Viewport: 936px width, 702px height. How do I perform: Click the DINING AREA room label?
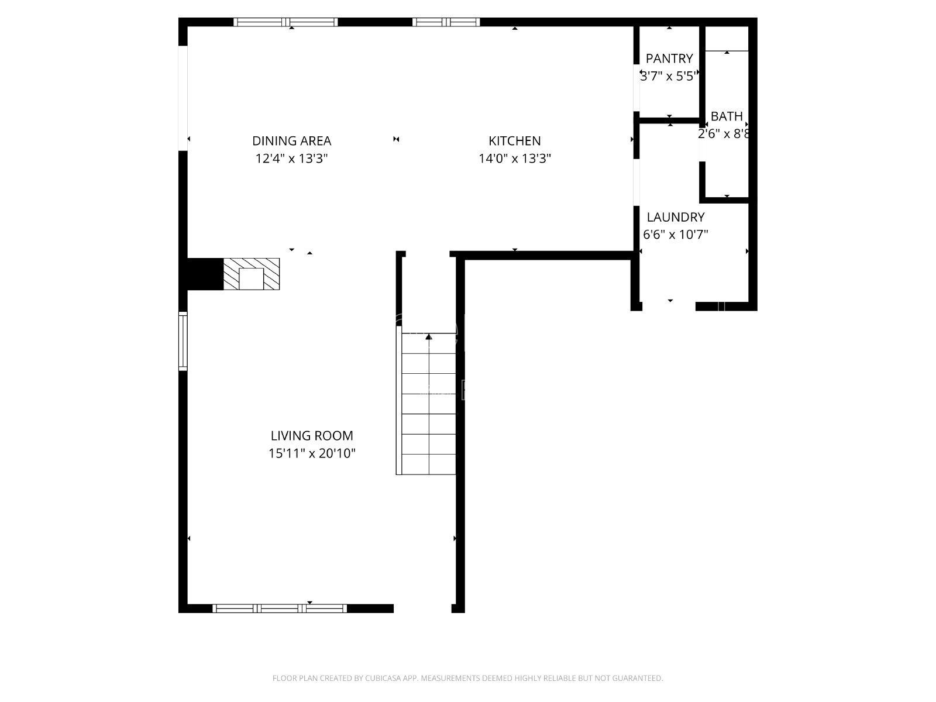pos(292,140)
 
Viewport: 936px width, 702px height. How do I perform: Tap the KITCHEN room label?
pos(514,140)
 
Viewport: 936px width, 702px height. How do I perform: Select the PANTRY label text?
pos(669,58)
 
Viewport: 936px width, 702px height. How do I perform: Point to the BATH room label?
pos(727,116)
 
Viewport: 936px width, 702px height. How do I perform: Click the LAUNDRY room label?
pos(676,217)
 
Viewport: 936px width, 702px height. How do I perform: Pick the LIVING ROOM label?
pos(312,436)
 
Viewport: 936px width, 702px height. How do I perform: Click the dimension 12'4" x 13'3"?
pos(292,159)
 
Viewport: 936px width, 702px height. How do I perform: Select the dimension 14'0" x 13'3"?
pos(514,159)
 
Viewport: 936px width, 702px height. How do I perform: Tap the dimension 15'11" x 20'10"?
pos(312,453)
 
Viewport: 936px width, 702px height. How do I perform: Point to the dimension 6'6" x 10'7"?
pos(676,235)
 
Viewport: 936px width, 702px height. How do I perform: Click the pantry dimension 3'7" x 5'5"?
pos(669,76)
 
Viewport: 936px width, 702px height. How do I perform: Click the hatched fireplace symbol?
pos(252,274)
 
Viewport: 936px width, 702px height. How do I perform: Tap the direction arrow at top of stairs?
pos(429,337)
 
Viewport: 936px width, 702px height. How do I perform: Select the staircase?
pos(426,403)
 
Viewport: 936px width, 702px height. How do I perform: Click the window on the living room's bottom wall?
pos(280,608)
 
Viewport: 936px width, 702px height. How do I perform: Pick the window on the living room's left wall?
pos(183,341)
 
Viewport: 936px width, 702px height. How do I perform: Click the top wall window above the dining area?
pos(285,22)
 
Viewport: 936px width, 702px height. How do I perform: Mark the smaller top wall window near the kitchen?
pos(446,22)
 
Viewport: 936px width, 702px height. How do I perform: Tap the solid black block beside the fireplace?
pos(205,274)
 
